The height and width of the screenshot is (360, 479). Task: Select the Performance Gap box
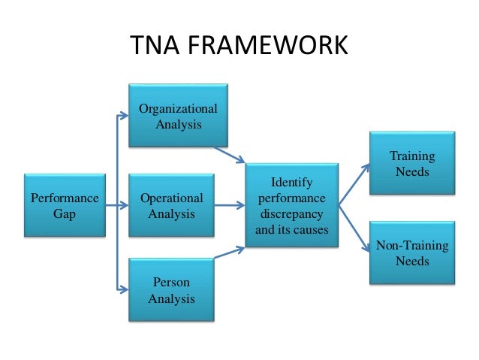(x=64, y=206)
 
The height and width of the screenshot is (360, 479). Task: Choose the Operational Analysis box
(x=171, y=206)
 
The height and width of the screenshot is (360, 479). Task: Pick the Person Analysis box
(x=171, y=291)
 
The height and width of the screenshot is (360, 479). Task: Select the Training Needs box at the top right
(x=412, y=163)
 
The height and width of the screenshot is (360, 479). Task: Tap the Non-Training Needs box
(x=412, y=253)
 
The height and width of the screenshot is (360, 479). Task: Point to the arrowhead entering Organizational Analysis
(x=125, y=116)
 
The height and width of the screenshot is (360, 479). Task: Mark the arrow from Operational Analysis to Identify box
(x=230, y=204)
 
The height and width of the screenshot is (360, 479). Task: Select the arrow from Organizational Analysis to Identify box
(x=230, y=155)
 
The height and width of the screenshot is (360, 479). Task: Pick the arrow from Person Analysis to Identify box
(x=230, y=252)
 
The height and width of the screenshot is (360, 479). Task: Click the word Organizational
(x=179, y=109)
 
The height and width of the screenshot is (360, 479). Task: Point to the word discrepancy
(x=292, y=214)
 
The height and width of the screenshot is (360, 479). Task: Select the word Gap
(x=64, y=213)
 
